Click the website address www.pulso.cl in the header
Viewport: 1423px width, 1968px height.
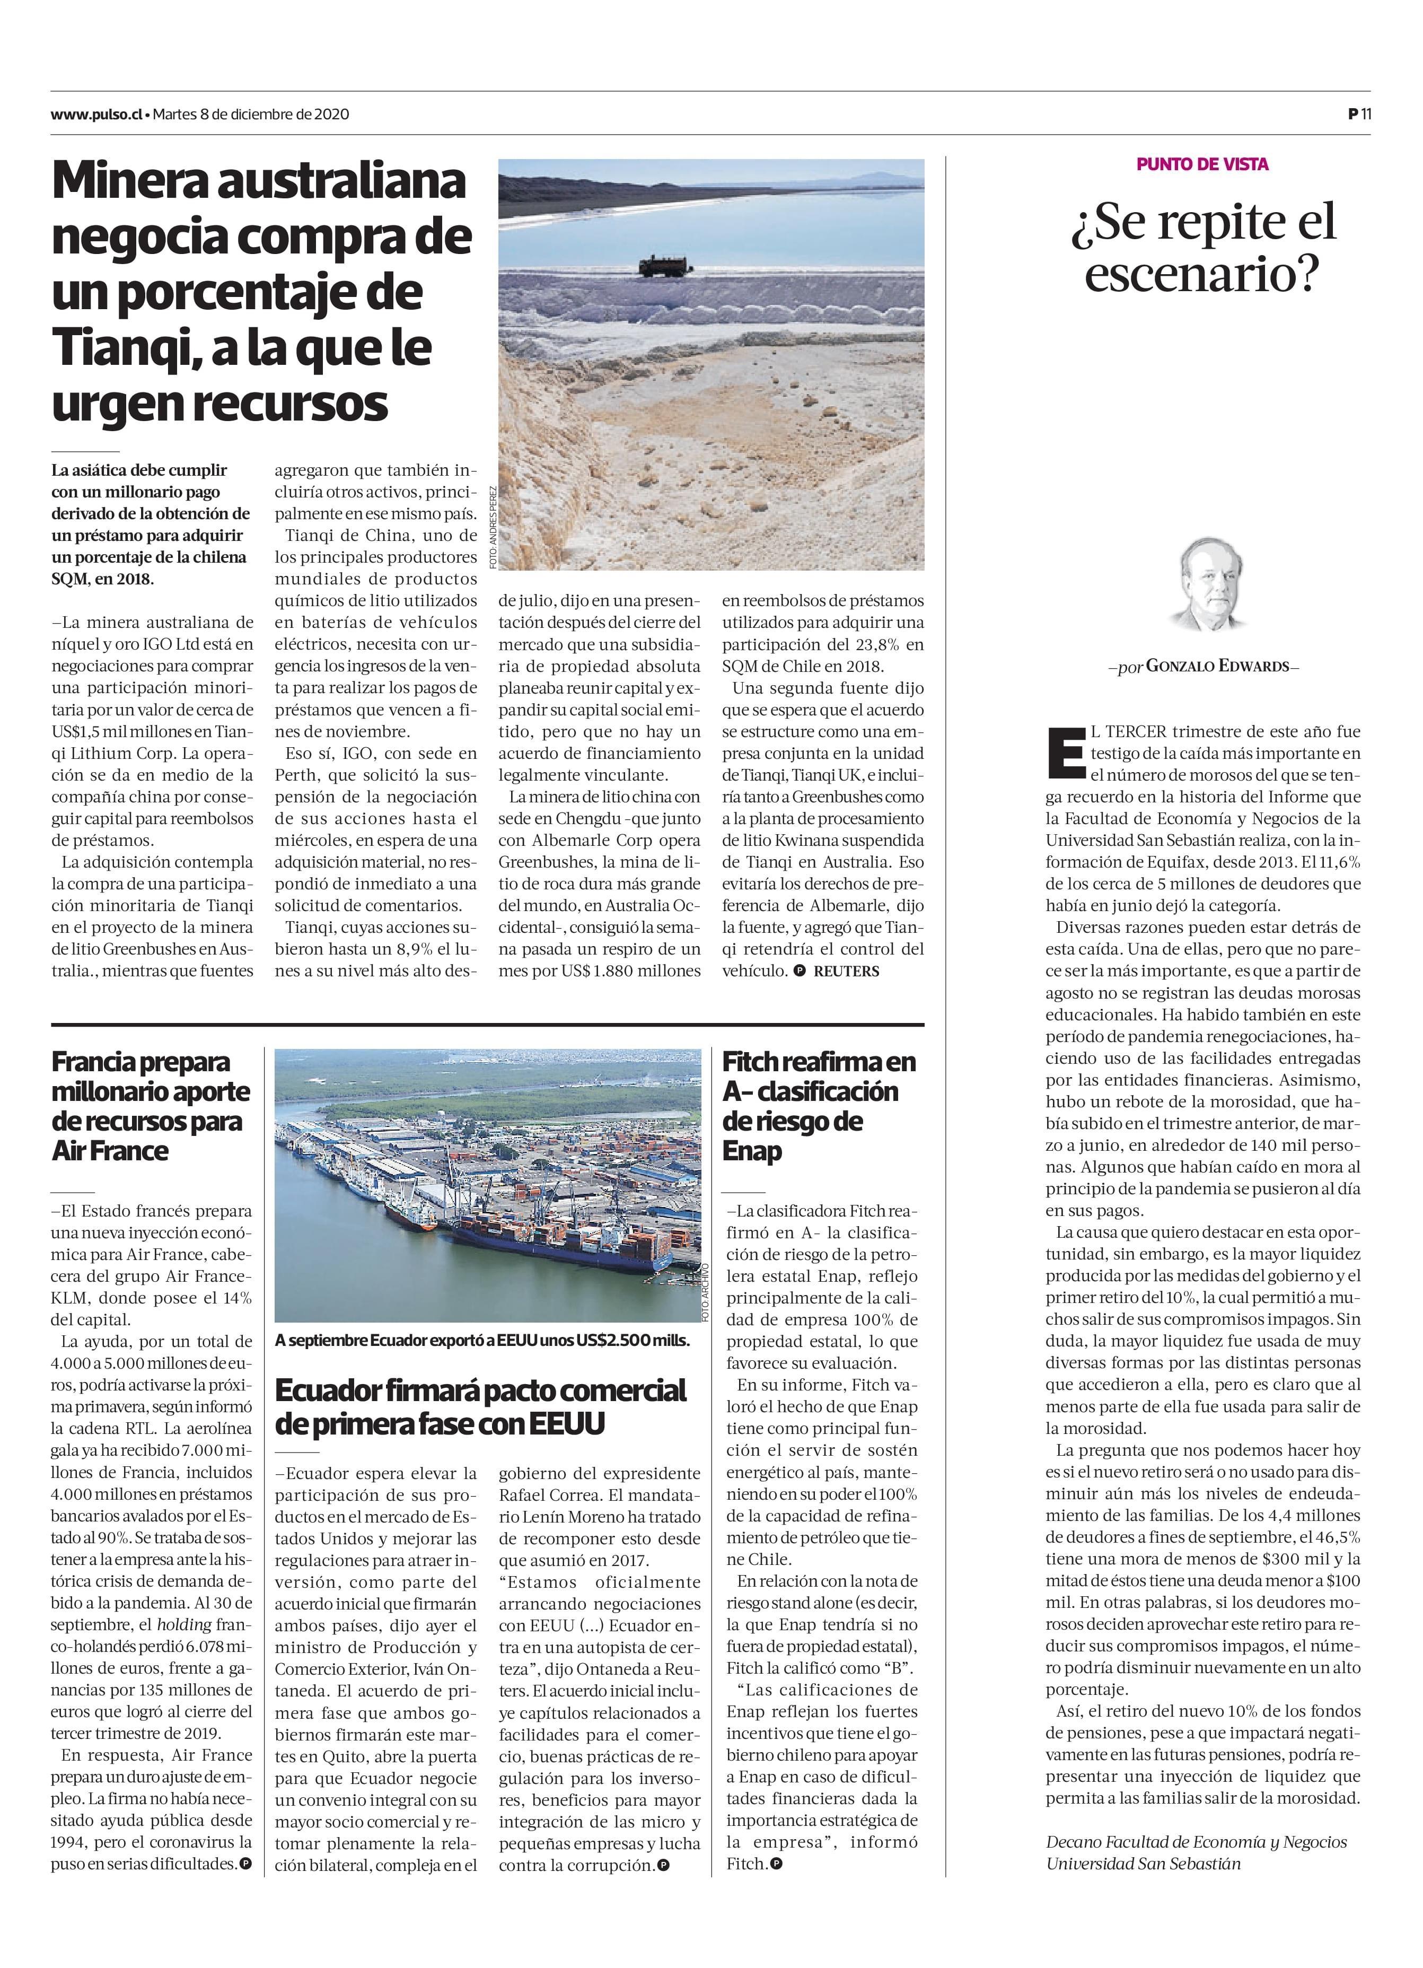pos(96,113)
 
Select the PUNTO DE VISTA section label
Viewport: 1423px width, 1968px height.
pos(1202,164)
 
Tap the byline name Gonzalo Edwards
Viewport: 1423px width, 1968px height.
pos(1222,667)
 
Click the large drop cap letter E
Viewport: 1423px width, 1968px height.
pos(1066,751)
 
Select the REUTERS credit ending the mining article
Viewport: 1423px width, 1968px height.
pos(846,972)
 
